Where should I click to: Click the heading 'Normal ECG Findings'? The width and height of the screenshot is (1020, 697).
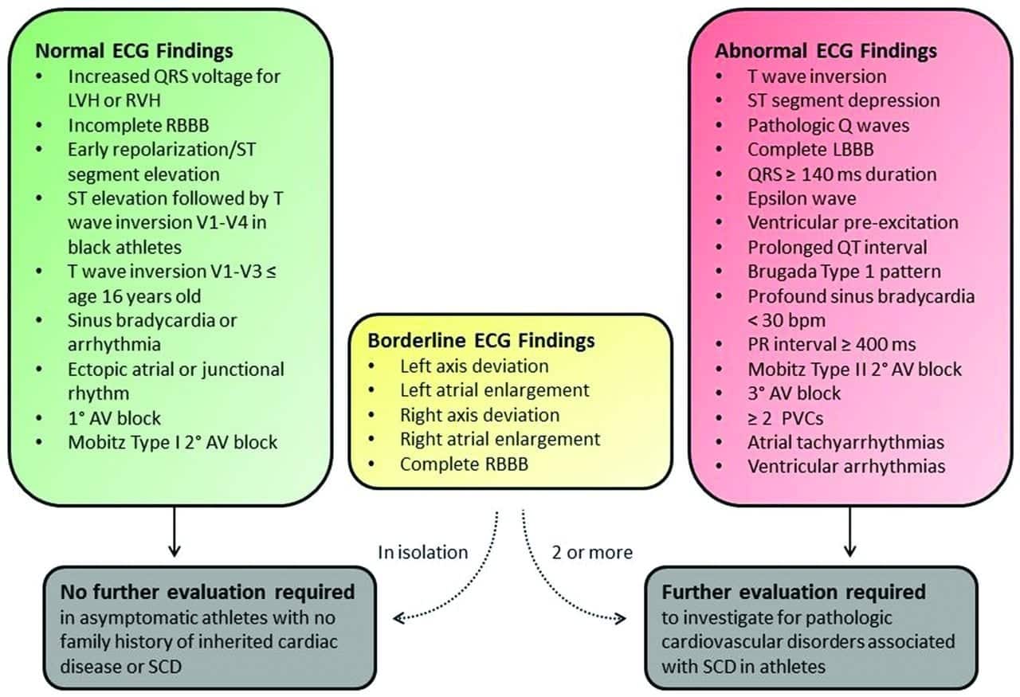click(134, 51)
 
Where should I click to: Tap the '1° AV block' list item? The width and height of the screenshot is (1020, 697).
click(115, 417)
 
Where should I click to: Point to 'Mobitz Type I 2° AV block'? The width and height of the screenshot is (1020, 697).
click(172, 442)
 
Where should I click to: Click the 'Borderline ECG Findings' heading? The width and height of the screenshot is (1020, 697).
click(481, 340)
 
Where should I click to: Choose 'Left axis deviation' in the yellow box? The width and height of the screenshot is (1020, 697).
click(474, 366)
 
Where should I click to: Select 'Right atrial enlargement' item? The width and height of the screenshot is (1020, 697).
click(500, 439)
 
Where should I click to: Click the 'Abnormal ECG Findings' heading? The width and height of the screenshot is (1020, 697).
click(826, 51)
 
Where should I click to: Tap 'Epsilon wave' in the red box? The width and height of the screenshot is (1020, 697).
click(801, 198)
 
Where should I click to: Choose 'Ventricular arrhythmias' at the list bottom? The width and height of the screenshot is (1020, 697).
click(845, 466)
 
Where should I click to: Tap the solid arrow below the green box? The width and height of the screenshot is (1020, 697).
click(175, 532)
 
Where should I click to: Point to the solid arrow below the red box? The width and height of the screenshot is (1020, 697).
click(850, 532)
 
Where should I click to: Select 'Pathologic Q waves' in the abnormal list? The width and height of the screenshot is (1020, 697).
click(828, 125)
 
